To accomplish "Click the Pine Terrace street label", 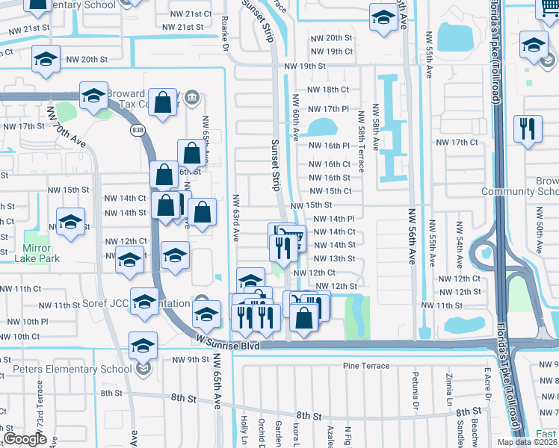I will pos(366,365).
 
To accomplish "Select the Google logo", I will pos(24,439).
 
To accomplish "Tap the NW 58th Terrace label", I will pos(360,143).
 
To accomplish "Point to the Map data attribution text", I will pos(527,442).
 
